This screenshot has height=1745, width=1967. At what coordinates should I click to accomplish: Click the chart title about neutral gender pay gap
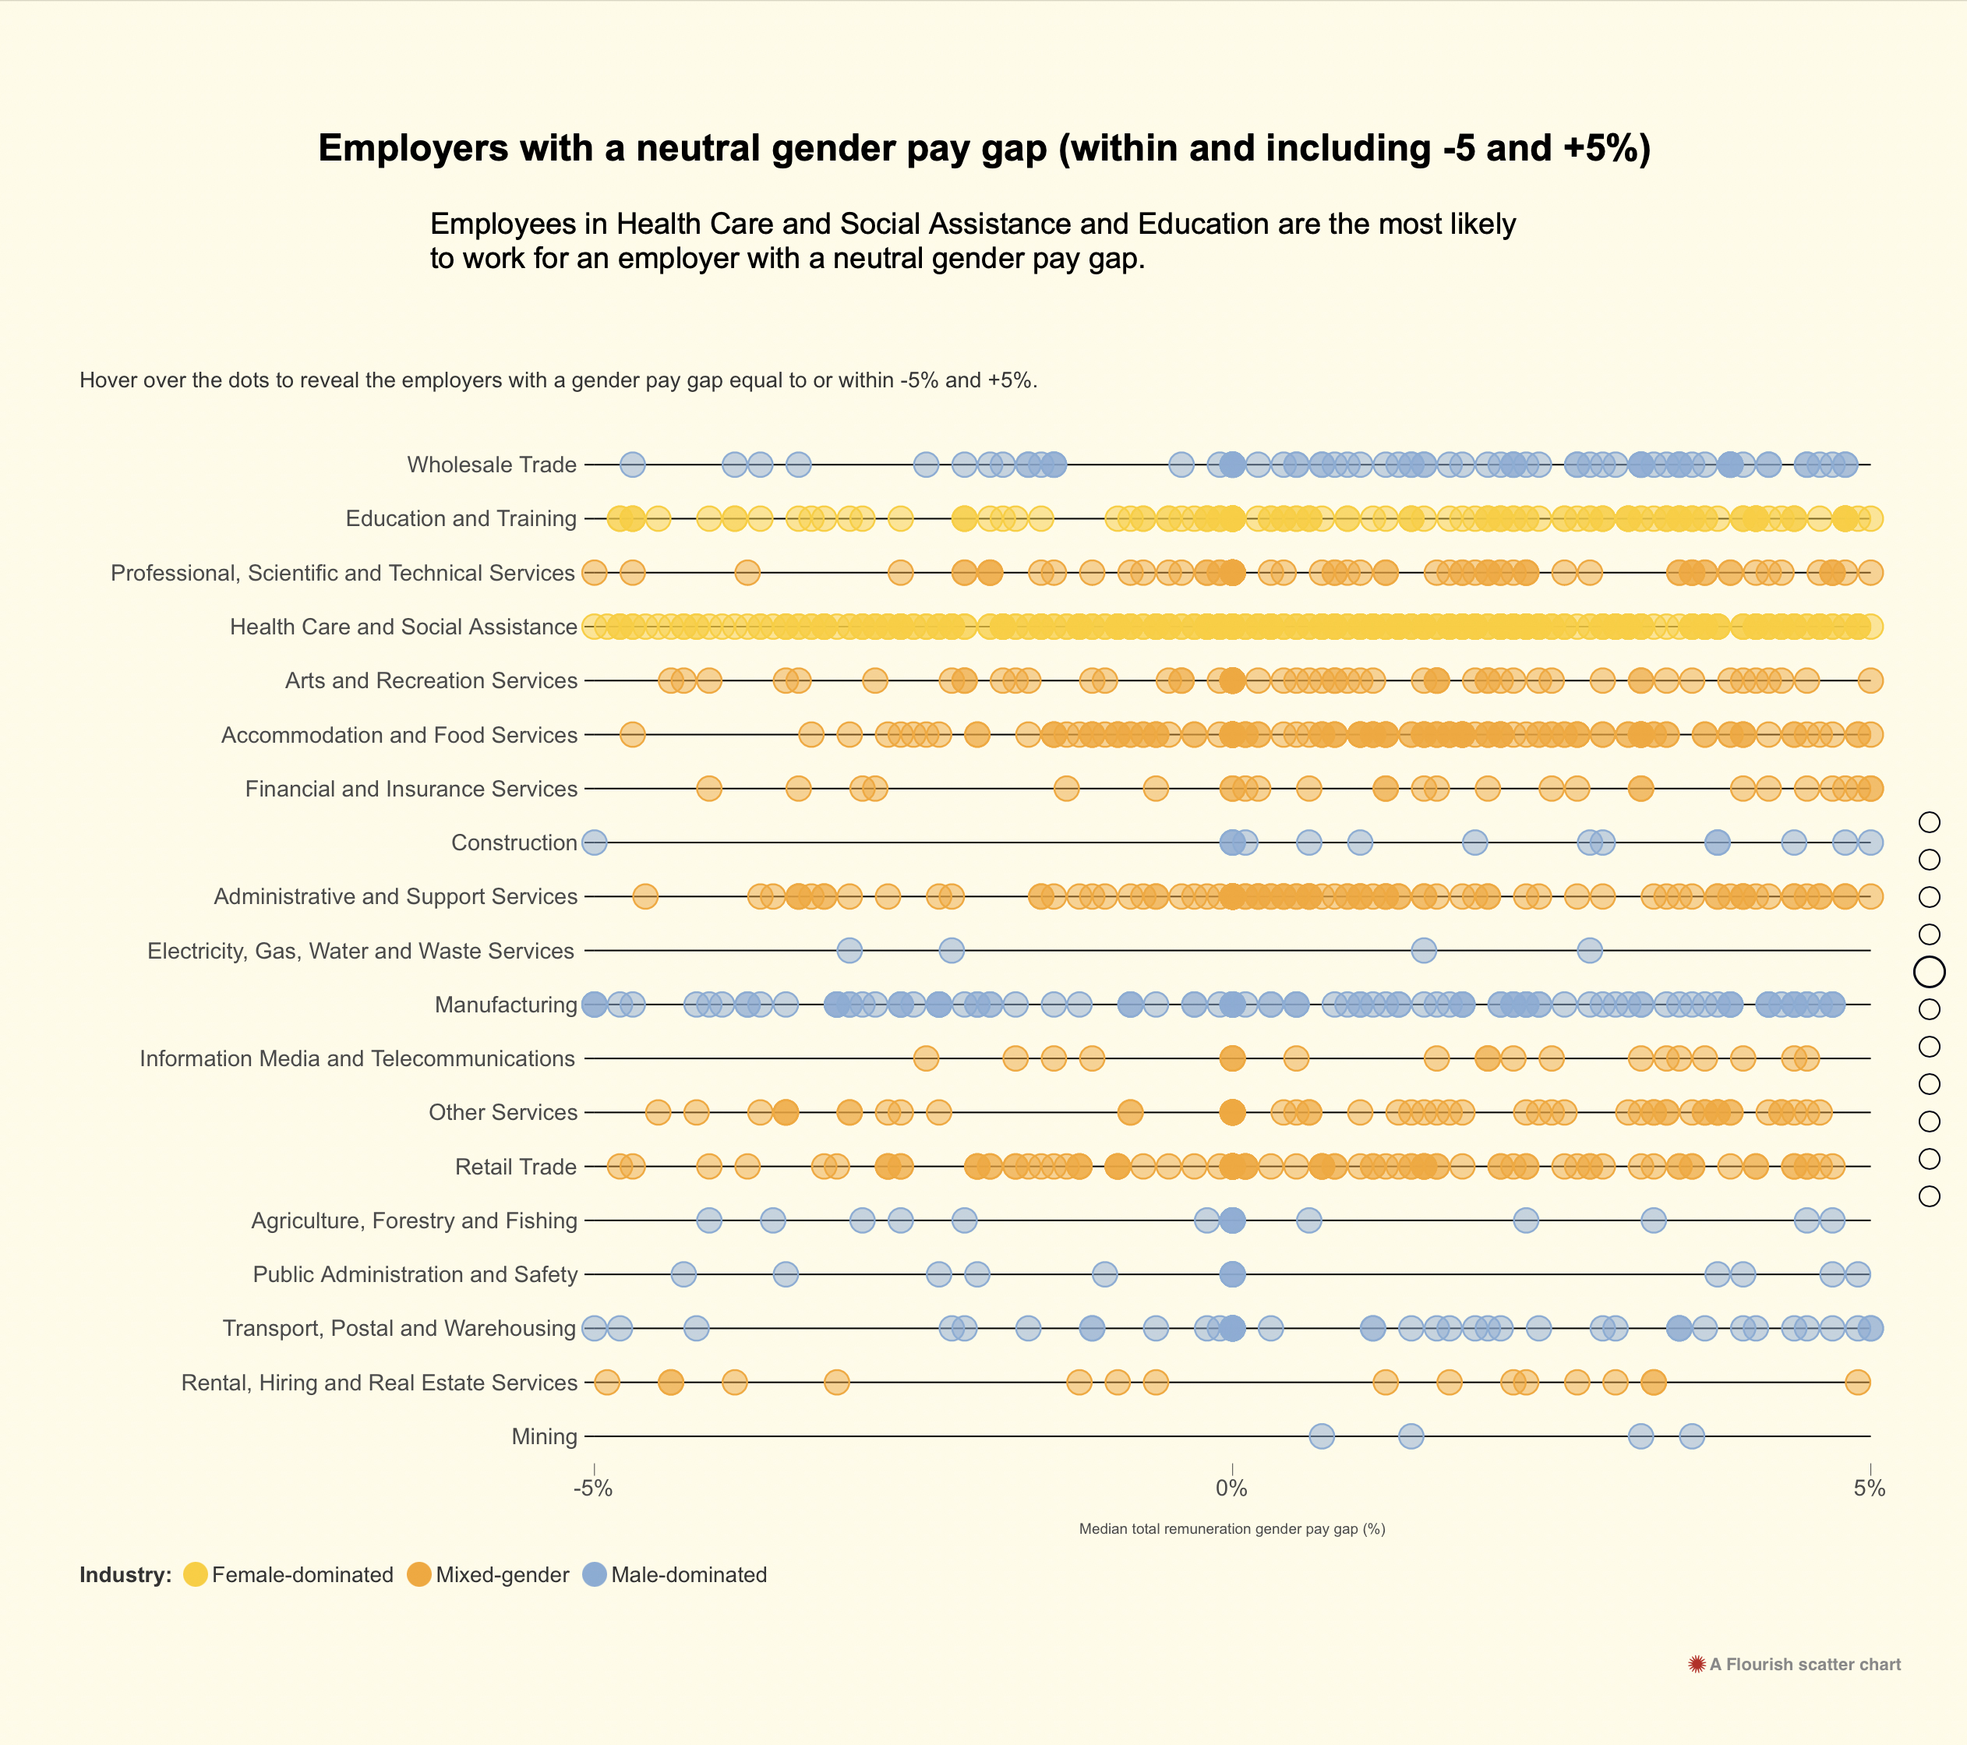point(984,148)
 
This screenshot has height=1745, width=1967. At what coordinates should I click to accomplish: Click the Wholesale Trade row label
point(492,465)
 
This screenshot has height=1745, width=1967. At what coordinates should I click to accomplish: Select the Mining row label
point(544,1437)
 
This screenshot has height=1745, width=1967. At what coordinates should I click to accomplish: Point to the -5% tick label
point(593,1489)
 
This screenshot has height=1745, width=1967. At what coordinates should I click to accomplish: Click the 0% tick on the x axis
point(1232,1489)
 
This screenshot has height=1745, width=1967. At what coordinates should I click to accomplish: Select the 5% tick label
point(1869,1489)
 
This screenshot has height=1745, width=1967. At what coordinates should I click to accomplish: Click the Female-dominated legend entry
point(288,1574)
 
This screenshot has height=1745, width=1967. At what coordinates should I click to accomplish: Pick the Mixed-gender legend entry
point(489,1574)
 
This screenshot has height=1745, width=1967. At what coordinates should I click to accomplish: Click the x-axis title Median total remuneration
point(1232,1528)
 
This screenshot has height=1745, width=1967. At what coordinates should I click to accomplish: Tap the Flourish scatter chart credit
point(1795,1664)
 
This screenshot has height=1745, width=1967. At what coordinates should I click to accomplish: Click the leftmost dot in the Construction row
point(595,843)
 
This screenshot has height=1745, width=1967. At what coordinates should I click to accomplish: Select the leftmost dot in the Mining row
point(1323,1437)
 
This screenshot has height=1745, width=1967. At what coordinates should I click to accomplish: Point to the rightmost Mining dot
point(1692,1437)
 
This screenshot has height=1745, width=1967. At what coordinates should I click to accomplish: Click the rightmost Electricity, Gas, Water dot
point(1590,951)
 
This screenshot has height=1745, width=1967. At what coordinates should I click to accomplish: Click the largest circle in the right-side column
point(1930,972)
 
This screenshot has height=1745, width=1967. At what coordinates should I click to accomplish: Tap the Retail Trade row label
point(516,1167)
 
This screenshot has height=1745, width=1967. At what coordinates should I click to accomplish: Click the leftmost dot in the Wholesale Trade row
point(632,465)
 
